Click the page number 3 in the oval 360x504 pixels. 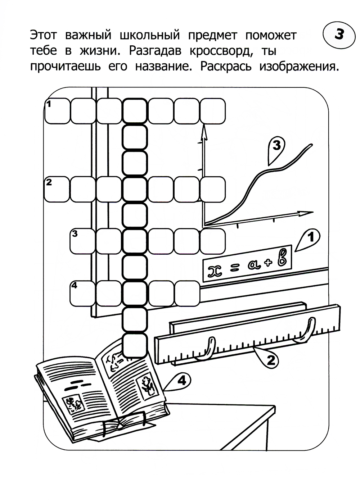point(339,35)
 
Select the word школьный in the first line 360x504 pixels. point(150,36)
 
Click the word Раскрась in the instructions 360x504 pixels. point(226,67)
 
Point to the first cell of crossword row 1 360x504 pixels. point(57,111)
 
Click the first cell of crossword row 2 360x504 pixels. point(57,189)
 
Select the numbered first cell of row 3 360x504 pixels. point(83,241)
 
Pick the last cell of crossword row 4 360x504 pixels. point(187,294)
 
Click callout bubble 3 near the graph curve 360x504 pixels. point(276,150)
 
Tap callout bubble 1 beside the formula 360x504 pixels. point(309,239)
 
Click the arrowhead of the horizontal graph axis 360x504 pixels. point(305,213)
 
